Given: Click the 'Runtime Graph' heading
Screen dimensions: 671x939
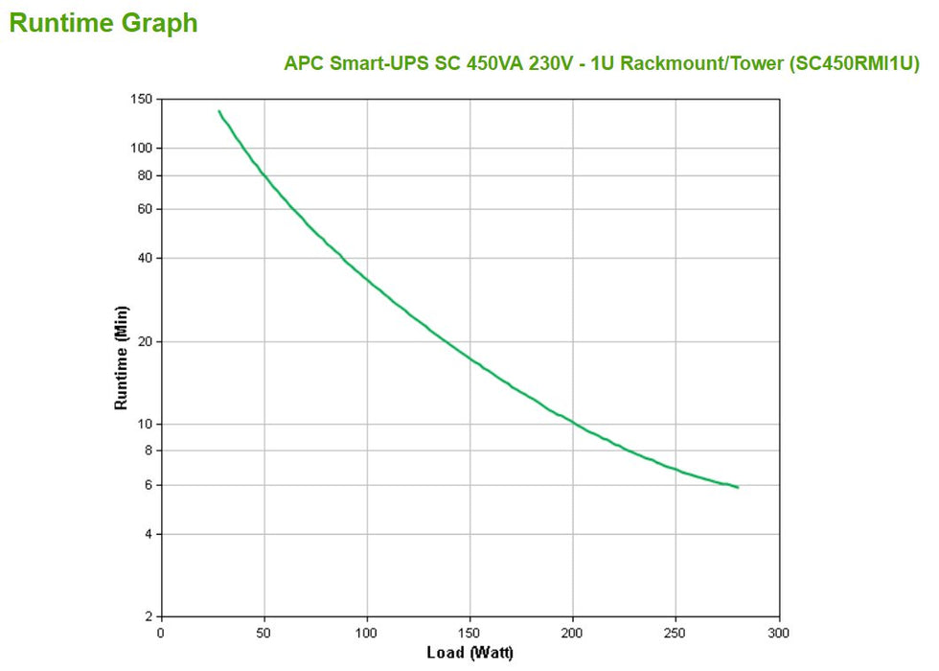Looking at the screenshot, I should pyautogui.click(x=103, y=23).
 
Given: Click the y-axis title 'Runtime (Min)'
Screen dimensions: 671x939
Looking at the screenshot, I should pyautogui.click(x=122, y=358).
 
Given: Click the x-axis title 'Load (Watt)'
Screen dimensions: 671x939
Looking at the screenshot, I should pyautogui.click(x=469, y=654).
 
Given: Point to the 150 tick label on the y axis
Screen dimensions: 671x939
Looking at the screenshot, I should pyautogui.click(x=141, y=100).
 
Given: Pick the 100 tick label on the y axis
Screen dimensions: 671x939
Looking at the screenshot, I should pyautogui.click(x=141, y=149).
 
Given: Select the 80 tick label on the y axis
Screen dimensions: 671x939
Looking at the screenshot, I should pyautogui.click(x=145, y=175).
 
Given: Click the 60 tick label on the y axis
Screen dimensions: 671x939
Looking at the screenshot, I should pyautogui.click(x=145, y=209).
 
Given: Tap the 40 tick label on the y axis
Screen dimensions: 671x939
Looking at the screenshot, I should pyautogui.click(x=145, y=258).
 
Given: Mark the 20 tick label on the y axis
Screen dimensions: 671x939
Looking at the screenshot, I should pyautogui.click(x=145, y=341).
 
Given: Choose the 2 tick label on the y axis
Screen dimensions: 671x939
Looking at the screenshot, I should pyautogui.click(x=149, y=616).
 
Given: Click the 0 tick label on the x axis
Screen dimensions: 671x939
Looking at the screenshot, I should pyautogui.click(x=160, y=633).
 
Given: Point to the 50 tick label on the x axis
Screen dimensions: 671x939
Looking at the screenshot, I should pyautogui.click(x=263, y=633).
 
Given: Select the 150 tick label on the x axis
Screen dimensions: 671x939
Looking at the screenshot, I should pyautogui.click(x=469, y=633).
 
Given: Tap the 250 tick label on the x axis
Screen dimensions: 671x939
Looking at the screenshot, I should pyautogui.click(x=676, y=633).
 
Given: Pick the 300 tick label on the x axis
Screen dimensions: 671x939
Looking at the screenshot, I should pyautogui.click(x=779, y=633).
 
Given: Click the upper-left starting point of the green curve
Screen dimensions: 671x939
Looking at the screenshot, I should pyautogui.click(x=218, y=111).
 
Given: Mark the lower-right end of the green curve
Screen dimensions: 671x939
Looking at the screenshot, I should pyautogui.click(x=738, y=488).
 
